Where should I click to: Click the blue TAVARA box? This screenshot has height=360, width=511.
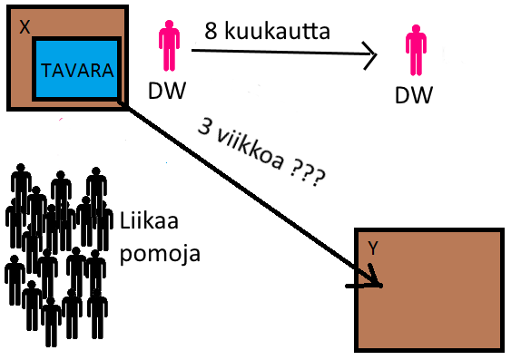pos(76,69)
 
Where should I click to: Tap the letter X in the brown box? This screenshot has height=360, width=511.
pos(25,27)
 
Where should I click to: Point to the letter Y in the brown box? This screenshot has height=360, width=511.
pos(372,248)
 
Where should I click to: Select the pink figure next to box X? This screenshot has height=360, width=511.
pos(169,45)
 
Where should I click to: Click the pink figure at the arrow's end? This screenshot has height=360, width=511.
pos(416,50)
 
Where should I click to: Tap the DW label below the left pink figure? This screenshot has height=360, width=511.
pos(167,90)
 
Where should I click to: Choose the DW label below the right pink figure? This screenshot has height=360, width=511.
pos(414,94)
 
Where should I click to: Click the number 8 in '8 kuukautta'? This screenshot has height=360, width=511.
pos(211,31)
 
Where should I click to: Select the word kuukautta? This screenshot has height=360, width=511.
pos(277,31)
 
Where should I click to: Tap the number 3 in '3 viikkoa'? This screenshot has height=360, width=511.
pos(205,126)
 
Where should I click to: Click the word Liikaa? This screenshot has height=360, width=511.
pos(149,220)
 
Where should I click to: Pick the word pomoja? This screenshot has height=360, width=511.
pos(160,253)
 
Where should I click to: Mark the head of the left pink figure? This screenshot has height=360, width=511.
pos(169,24)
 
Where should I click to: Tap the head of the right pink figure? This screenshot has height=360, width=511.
pos(416,29)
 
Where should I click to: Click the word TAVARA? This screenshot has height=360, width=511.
pos(77,71)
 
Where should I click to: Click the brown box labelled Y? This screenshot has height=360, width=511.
pos(429,289)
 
